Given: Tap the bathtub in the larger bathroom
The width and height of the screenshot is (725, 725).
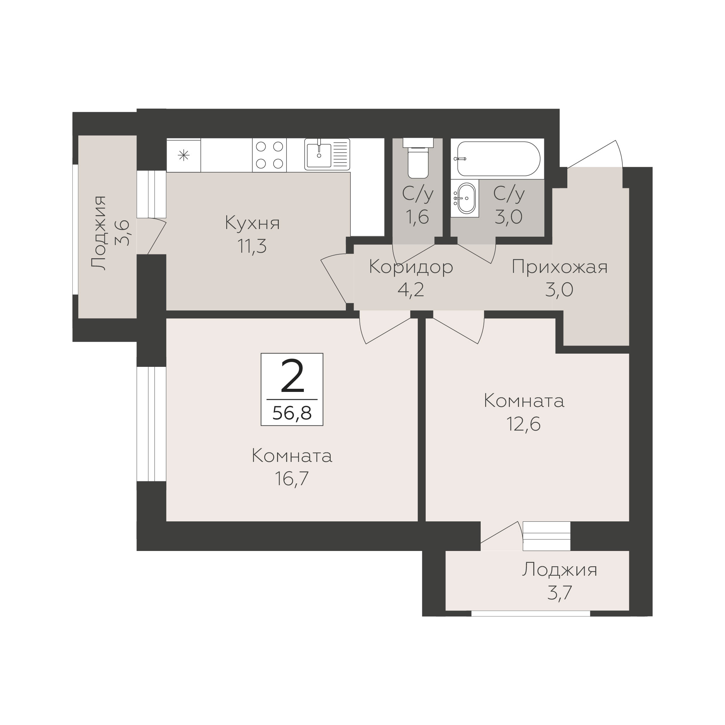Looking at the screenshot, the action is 498,158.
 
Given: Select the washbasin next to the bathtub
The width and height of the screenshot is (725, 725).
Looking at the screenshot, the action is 467,198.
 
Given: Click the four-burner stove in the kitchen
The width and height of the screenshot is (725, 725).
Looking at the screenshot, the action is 269,155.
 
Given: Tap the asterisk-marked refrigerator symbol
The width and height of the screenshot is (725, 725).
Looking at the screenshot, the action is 183,155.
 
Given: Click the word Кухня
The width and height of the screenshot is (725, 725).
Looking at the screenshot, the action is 253,223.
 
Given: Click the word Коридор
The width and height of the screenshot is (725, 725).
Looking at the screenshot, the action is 411,268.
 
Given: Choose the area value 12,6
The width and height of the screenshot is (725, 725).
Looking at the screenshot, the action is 523,424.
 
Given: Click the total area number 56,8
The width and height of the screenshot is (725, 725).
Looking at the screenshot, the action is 292,413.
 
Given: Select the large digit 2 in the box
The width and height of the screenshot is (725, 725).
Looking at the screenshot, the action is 292,376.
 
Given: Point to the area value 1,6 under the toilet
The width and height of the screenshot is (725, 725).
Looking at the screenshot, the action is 417,217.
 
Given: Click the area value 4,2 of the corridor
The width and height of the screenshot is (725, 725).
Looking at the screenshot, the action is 411,290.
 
